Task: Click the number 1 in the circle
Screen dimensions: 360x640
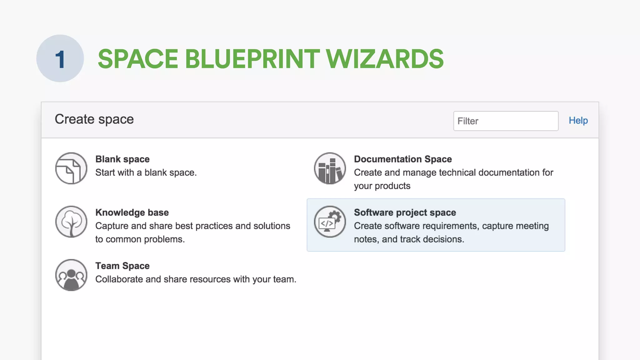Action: (60, 59)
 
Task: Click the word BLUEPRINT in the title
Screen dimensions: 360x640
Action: (252, 59)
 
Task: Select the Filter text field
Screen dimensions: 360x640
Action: (505, 121)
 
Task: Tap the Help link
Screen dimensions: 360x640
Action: (578, 121)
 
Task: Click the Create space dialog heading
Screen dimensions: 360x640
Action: (94, 119)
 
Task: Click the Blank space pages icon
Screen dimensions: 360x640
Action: (71, 168)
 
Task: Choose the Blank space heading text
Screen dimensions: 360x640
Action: (122, 159)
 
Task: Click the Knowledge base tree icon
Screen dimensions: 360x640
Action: (71, 222)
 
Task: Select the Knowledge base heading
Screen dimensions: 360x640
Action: (132, 212)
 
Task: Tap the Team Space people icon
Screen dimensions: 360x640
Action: (71, 275)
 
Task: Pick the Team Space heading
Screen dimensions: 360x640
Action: (122, 266)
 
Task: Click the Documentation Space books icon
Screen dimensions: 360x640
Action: (330, 168)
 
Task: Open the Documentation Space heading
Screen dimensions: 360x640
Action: (402, 159)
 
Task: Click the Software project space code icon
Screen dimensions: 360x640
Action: (330, 222)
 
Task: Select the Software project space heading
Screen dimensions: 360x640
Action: (405, 212)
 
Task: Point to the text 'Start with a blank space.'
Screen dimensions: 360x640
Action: (146, 172)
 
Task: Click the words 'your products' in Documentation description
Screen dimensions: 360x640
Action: (382, 186)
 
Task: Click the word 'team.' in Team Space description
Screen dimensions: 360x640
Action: (285, 279)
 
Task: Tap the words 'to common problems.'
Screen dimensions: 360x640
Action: (140, 239)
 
